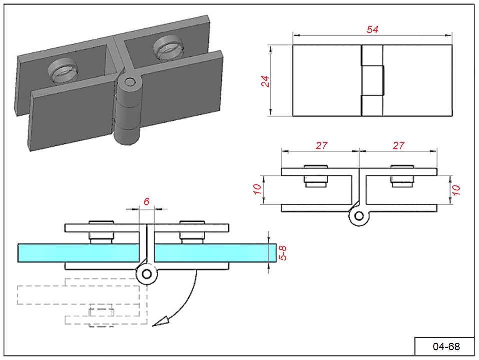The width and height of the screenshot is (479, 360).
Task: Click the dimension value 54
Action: pyautogui.click(x=372, y=30)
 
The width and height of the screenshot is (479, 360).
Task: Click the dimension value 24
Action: pyautogui.click(x=265, y=81)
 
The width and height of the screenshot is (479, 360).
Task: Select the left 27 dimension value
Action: pyautogui.click(x=322, y=146)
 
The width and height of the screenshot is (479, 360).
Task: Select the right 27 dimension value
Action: pyautogui.click(x=398, y=146)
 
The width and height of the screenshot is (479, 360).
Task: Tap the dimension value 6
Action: pyautogui.click(x=147, y=201)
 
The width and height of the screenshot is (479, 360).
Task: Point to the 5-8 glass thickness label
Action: pyautogui.click(x=284, y=253)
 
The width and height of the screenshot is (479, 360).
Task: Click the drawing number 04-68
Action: pyautogui.click(x=446, y=347)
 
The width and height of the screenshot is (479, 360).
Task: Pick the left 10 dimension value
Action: pyautogui.click(x=257, y=189)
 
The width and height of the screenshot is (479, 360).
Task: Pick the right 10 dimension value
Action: pyautogui.click(x=456, y=190)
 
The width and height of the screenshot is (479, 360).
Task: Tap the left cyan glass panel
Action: pyautogui.click(x=79, y=253)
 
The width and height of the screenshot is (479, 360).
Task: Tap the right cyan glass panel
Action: pyautogui.click(x=215, y=253)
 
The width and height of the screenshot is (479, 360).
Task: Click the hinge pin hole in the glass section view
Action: pyautogui.click(x=147, y=274)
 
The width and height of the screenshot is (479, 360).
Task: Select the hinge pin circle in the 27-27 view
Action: pyautogui.click(x=359, y=216)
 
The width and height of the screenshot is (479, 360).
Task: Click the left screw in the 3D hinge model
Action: pyautogui.click(x=63, y=71)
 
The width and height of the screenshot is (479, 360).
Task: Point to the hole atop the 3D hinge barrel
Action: pyautogui.click(x=130, y=82)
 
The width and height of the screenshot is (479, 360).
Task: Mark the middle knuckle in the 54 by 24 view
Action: pyautogui.click(x=373, y=80)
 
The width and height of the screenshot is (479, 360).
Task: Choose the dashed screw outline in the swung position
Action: pyautogui.click(x=101, y=318)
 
